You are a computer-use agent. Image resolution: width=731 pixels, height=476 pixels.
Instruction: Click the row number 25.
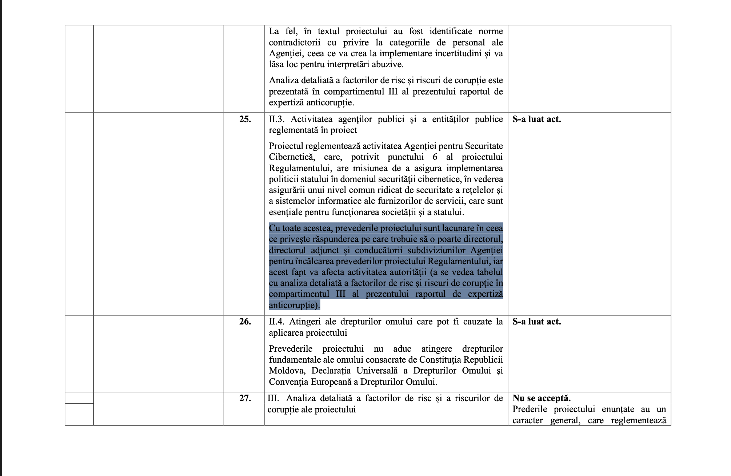click(x=245, y=119)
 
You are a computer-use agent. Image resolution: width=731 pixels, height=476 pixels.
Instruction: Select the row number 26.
click(x=245, y=322)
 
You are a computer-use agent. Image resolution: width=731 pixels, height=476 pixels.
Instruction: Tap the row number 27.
click(x=245, y=398)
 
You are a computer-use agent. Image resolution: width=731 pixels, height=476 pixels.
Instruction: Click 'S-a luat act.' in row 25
click(x=536, y=119)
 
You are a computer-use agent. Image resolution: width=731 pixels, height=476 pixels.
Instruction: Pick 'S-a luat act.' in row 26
click(x=536, y=322)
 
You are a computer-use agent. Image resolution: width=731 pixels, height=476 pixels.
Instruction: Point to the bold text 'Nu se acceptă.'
click(x=541, y=398)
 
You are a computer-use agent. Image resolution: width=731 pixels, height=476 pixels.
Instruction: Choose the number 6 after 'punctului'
click(x=435, y=157)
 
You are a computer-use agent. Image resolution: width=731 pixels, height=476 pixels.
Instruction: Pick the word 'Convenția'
click(x=288, y=382)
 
